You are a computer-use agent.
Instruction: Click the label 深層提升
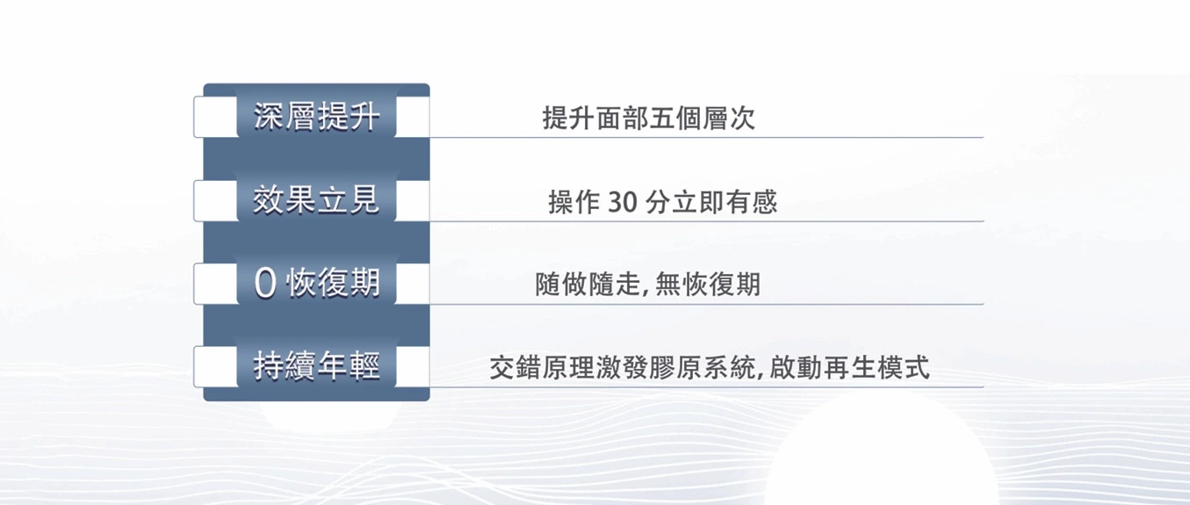pyautogui.click(x=317, y=117)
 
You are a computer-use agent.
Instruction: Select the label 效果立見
pyautogui.click(x=317, y=200)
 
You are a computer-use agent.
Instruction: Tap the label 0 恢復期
pyautogui.click(x=317, y=283)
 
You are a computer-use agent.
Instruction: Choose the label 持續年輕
pyautogui.click(x=317, y=366)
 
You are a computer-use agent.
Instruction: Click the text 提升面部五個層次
pyautogui.click(x=649, y=118)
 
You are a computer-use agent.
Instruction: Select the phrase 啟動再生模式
pyautogui.click(x=849, y=367)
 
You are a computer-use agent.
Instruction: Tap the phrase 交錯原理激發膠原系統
pyautogui.click(x=622, y=367)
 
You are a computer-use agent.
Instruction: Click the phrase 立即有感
pyautogui.click(x=725, y=202)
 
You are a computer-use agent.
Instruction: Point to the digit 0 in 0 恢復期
pyautogui.click(x=265, y=284)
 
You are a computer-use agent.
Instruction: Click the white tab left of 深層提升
pyautogui.click(x=215, y=117)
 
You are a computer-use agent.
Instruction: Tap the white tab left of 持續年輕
pyautogui.click(x=215, y=366)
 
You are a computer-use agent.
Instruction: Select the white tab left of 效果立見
pyautogui.click(x=215, y=200)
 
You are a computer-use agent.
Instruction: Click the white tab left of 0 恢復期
pyautogui.click(x=215, y=284)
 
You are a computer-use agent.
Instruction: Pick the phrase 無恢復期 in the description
pyautogui.click(x=708, y=284)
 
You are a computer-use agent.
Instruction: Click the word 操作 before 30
pyautogui.click(x=574, y=202)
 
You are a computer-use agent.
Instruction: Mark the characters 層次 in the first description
pyautogui.click(x=729, y=118)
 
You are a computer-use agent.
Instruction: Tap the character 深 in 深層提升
pyautogui.click(x=268, y=117)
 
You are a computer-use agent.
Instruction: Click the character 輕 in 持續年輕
pyautogui.click(x=365, y=366)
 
